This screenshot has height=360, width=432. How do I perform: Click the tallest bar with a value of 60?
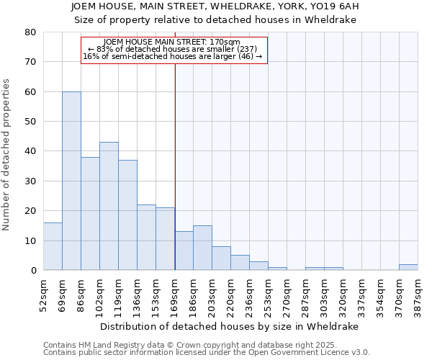(x=71, y=181)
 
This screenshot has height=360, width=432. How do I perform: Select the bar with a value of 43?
(x=109, y=206)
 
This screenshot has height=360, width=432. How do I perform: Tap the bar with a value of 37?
(x=127, y=215)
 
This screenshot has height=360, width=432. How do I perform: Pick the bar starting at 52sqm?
(x=53, y=246)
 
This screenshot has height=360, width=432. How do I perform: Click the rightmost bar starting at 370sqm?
(x=408, y=267)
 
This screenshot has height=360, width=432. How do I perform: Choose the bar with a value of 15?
(x=202, y=248)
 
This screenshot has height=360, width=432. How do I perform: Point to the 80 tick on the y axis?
(x=30, y=32)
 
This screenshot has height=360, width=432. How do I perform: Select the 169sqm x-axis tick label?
(x=175, y=292)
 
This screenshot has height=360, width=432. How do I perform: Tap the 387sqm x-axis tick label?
(x=418, y=292)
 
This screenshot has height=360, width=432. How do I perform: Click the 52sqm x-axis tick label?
(x=43, y=292)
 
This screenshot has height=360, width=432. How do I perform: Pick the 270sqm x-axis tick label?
(x=287, y=292)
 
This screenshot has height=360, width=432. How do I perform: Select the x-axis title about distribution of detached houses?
(x=229, y=326)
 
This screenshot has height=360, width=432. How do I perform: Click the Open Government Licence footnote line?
(x=206, y=353)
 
